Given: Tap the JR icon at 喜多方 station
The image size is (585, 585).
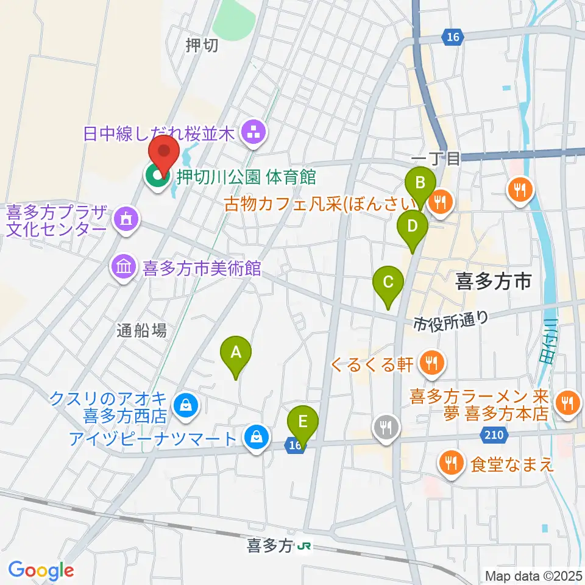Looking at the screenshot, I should click(x=303, y=546).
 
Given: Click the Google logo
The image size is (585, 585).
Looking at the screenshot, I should click(x=41, y=570).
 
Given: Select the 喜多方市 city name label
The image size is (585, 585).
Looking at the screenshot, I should click(x=494, y=281).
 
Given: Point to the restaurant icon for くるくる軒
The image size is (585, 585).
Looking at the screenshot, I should click(x=432, y=364).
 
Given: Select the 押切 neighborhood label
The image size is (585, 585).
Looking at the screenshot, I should click(x=202, y=46).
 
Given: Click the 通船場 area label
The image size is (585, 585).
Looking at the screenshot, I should click(x=142, y=330).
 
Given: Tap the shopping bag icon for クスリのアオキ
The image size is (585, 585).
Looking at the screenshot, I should click(x=184, y=405).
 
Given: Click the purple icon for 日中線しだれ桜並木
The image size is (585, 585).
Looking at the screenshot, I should click(x=252, y=133).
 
